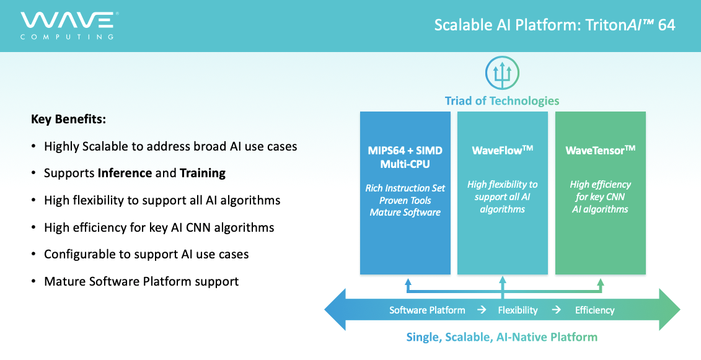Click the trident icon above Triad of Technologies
tap(502, 73)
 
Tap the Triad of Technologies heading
tap(501, 100)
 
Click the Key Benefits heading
tap(68, 120)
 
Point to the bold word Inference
tap(125, 173)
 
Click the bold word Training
tap(203, 173)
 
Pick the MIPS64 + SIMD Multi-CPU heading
tap(405, 157)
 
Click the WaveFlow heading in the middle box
tap(503, 150)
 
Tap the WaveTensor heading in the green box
tap(601, 150)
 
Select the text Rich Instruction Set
tap(405, 188)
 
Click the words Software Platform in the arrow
tap(427, 310)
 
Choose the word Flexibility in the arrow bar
tap(518, 310)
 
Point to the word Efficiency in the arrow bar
tap(594, 310)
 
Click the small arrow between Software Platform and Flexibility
tap(482, 309)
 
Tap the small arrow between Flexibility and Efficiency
tap(557, 309)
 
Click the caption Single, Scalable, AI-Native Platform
tap(501, 336)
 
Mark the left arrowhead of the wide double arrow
tap(335, 309)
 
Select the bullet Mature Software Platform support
tap(141, 281)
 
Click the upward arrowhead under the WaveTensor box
tap(601, 283)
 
